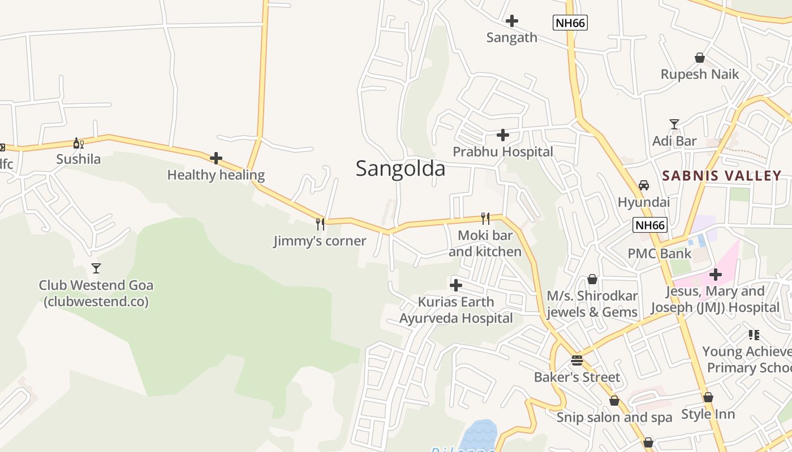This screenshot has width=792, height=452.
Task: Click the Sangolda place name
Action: (401, 168)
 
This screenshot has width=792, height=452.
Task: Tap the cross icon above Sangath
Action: (512, 21)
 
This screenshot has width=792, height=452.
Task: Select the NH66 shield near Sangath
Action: (570, 23)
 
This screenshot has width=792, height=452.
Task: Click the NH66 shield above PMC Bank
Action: (650, 225)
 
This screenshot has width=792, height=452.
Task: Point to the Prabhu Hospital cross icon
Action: (502, 135)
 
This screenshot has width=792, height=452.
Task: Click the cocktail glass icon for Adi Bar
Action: (674, 124)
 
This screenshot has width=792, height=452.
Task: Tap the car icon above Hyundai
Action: (644, 185)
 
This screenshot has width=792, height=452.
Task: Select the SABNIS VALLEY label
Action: (721, 175)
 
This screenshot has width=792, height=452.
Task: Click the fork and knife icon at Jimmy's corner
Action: (320, 224)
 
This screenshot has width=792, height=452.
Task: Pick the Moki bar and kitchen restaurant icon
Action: (485, 219)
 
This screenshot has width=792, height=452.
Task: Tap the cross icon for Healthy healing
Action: (216, 159)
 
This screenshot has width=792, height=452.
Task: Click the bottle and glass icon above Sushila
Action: (78, 143)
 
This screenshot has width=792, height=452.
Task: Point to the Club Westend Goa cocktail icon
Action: (96, 268)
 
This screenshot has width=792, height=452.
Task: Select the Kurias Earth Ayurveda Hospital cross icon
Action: (455, 285)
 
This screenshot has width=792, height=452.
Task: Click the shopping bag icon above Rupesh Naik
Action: (700, 58)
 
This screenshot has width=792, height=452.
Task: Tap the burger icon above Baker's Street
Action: (576, 360)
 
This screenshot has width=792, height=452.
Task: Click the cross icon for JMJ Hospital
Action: (716, 275)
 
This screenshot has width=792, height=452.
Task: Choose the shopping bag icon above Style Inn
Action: (708, 397)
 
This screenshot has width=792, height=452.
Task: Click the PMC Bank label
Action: (660, 253)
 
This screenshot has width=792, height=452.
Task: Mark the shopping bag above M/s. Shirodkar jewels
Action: (592, 279)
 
